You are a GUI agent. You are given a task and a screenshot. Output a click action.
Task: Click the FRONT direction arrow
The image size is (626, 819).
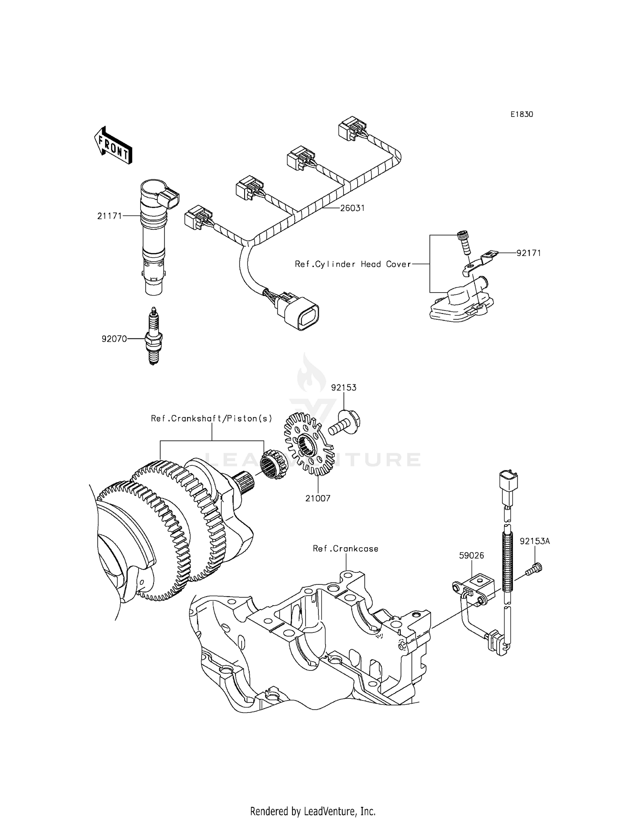[x=113, y=145]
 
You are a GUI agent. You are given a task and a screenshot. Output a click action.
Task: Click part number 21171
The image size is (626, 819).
[x=109, y=216]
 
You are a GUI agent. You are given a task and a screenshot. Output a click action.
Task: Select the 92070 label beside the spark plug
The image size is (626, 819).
[x=114, y=339]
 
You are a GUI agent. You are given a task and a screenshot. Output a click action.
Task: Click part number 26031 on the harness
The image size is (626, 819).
[x=352, y=208]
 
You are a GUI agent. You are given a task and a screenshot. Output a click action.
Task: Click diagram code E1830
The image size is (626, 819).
[x=522, y=114]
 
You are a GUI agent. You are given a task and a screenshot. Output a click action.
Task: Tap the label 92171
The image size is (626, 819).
[x=528, y=253]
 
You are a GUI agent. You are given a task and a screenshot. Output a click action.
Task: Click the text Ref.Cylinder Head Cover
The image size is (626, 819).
[x=353, y=264]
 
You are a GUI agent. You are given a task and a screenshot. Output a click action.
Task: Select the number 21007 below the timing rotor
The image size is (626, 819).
[x=318, y=498]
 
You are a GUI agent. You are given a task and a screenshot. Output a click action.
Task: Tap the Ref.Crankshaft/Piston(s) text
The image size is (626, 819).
[x=212, y=419]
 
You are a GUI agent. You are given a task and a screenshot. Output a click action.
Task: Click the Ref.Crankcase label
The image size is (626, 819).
[x=346, y=549]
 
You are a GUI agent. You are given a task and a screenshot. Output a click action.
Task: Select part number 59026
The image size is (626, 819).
[x=472, y=556]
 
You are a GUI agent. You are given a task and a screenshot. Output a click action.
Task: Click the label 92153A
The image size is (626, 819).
[x=535, y=541]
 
